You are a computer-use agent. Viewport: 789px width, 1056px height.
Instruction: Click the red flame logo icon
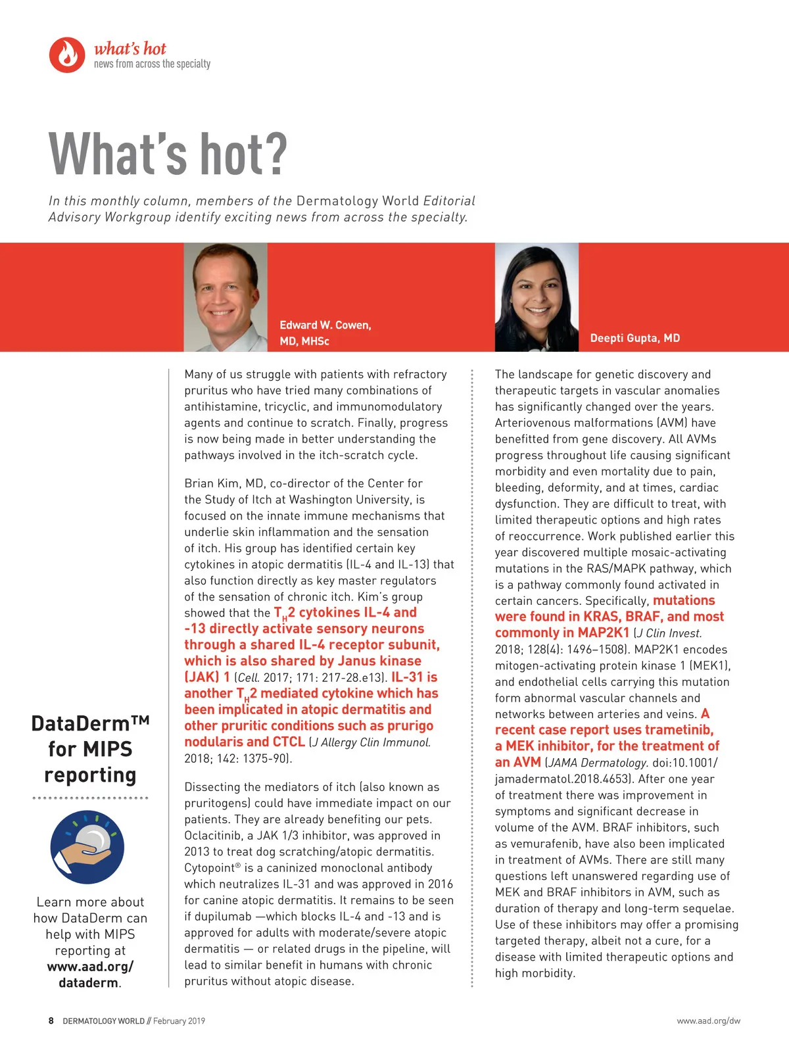click(67, 55)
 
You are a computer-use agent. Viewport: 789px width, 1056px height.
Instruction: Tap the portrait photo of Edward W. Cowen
click(226, 297)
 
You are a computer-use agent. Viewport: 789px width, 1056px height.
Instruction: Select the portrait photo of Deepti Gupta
click(537, 297)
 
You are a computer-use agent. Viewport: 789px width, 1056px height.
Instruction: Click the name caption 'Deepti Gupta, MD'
click(634, 338)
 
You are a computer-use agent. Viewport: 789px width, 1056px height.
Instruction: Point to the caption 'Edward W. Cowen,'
click(325, 325)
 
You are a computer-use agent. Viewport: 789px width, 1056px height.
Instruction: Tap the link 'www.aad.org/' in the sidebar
click(90, 967)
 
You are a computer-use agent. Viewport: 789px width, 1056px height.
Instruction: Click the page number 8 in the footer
click(51, 1020)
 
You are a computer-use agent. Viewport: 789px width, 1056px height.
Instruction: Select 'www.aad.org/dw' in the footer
click(708, 1020)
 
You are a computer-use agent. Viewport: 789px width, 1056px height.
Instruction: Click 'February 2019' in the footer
click(179, 1020)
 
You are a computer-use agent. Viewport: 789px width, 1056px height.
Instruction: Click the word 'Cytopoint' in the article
click(209, 868)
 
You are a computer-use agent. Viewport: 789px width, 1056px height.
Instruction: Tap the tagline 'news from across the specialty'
click(152, 64)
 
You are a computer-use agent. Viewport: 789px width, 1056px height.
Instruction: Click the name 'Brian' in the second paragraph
click(199, 483)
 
